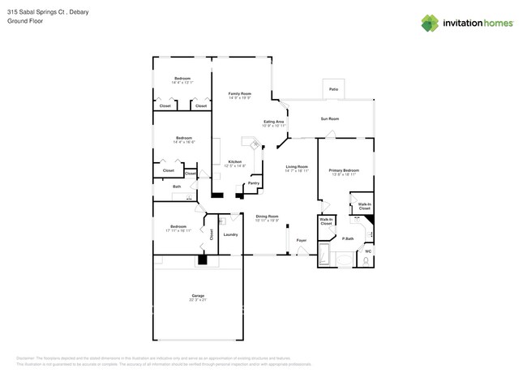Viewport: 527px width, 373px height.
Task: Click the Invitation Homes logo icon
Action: tap(430, 23)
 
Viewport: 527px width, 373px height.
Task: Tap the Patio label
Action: tap(333, 89)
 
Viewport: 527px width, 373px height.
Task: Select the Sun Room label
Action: tap(329, 118)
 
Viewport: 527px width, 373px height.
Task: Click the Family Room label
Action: tap(239, 93)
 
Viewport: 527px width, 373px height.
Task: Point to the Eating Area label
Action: tap(273, 122)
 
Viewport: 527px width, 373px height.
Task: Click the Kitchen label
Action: tap(234, 161)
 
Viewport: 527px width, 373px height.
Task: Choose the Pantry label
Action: tap(253, 183)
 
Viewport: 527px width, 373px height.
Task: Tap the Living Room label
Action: tap(297, 166)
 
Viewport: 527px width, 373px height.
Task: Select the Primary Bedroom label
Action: tap(344, 170)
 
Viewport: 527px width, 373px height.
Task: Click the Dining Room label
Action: tap(268, 216)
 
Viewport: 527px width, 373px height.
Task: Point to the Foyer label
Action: tap(301, 241)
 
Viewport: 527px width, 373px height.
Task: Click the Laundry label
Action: tap(230, 235)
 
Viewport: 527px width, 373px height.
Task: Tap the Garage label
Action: tap(198, 295)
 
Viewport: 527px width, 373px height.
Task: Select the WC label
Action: tap(367, 251)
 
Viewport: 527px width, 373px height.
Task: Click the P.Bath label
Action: tap(347, 238)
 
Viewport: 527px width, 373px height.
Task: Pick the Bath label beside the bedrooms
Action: tap(176, 186)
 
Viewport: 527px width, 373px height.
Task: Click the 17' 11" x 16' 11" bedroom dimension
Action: tap(179, 230)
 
